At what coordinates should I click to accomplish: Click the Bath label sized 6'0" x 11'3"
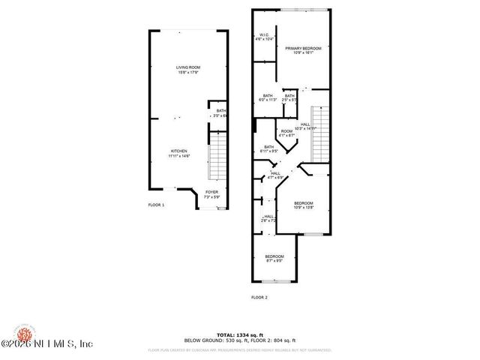(268, 97)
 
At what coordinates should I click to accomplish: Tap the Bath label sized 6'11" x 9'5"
(268, 148)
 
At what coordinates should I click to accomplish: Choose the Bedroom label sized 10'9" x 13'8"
(303, 205)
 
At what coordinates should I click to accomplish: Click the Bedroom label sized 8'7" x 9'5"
(274, 259)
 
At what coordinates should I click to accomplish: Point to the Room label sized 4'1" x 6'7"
(286, 133)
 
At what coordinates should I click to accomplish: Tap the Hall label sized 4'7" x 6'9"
(276, 175)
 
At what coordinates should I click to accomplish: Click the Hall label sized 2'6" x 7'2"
(268, 218)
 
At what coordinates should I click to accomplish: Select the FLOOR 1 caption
(155, 204)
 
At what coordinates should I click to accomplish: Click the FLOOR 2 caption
(259, 297)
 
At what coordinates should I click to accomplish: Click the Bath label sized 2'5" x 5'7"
(289, 97)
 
